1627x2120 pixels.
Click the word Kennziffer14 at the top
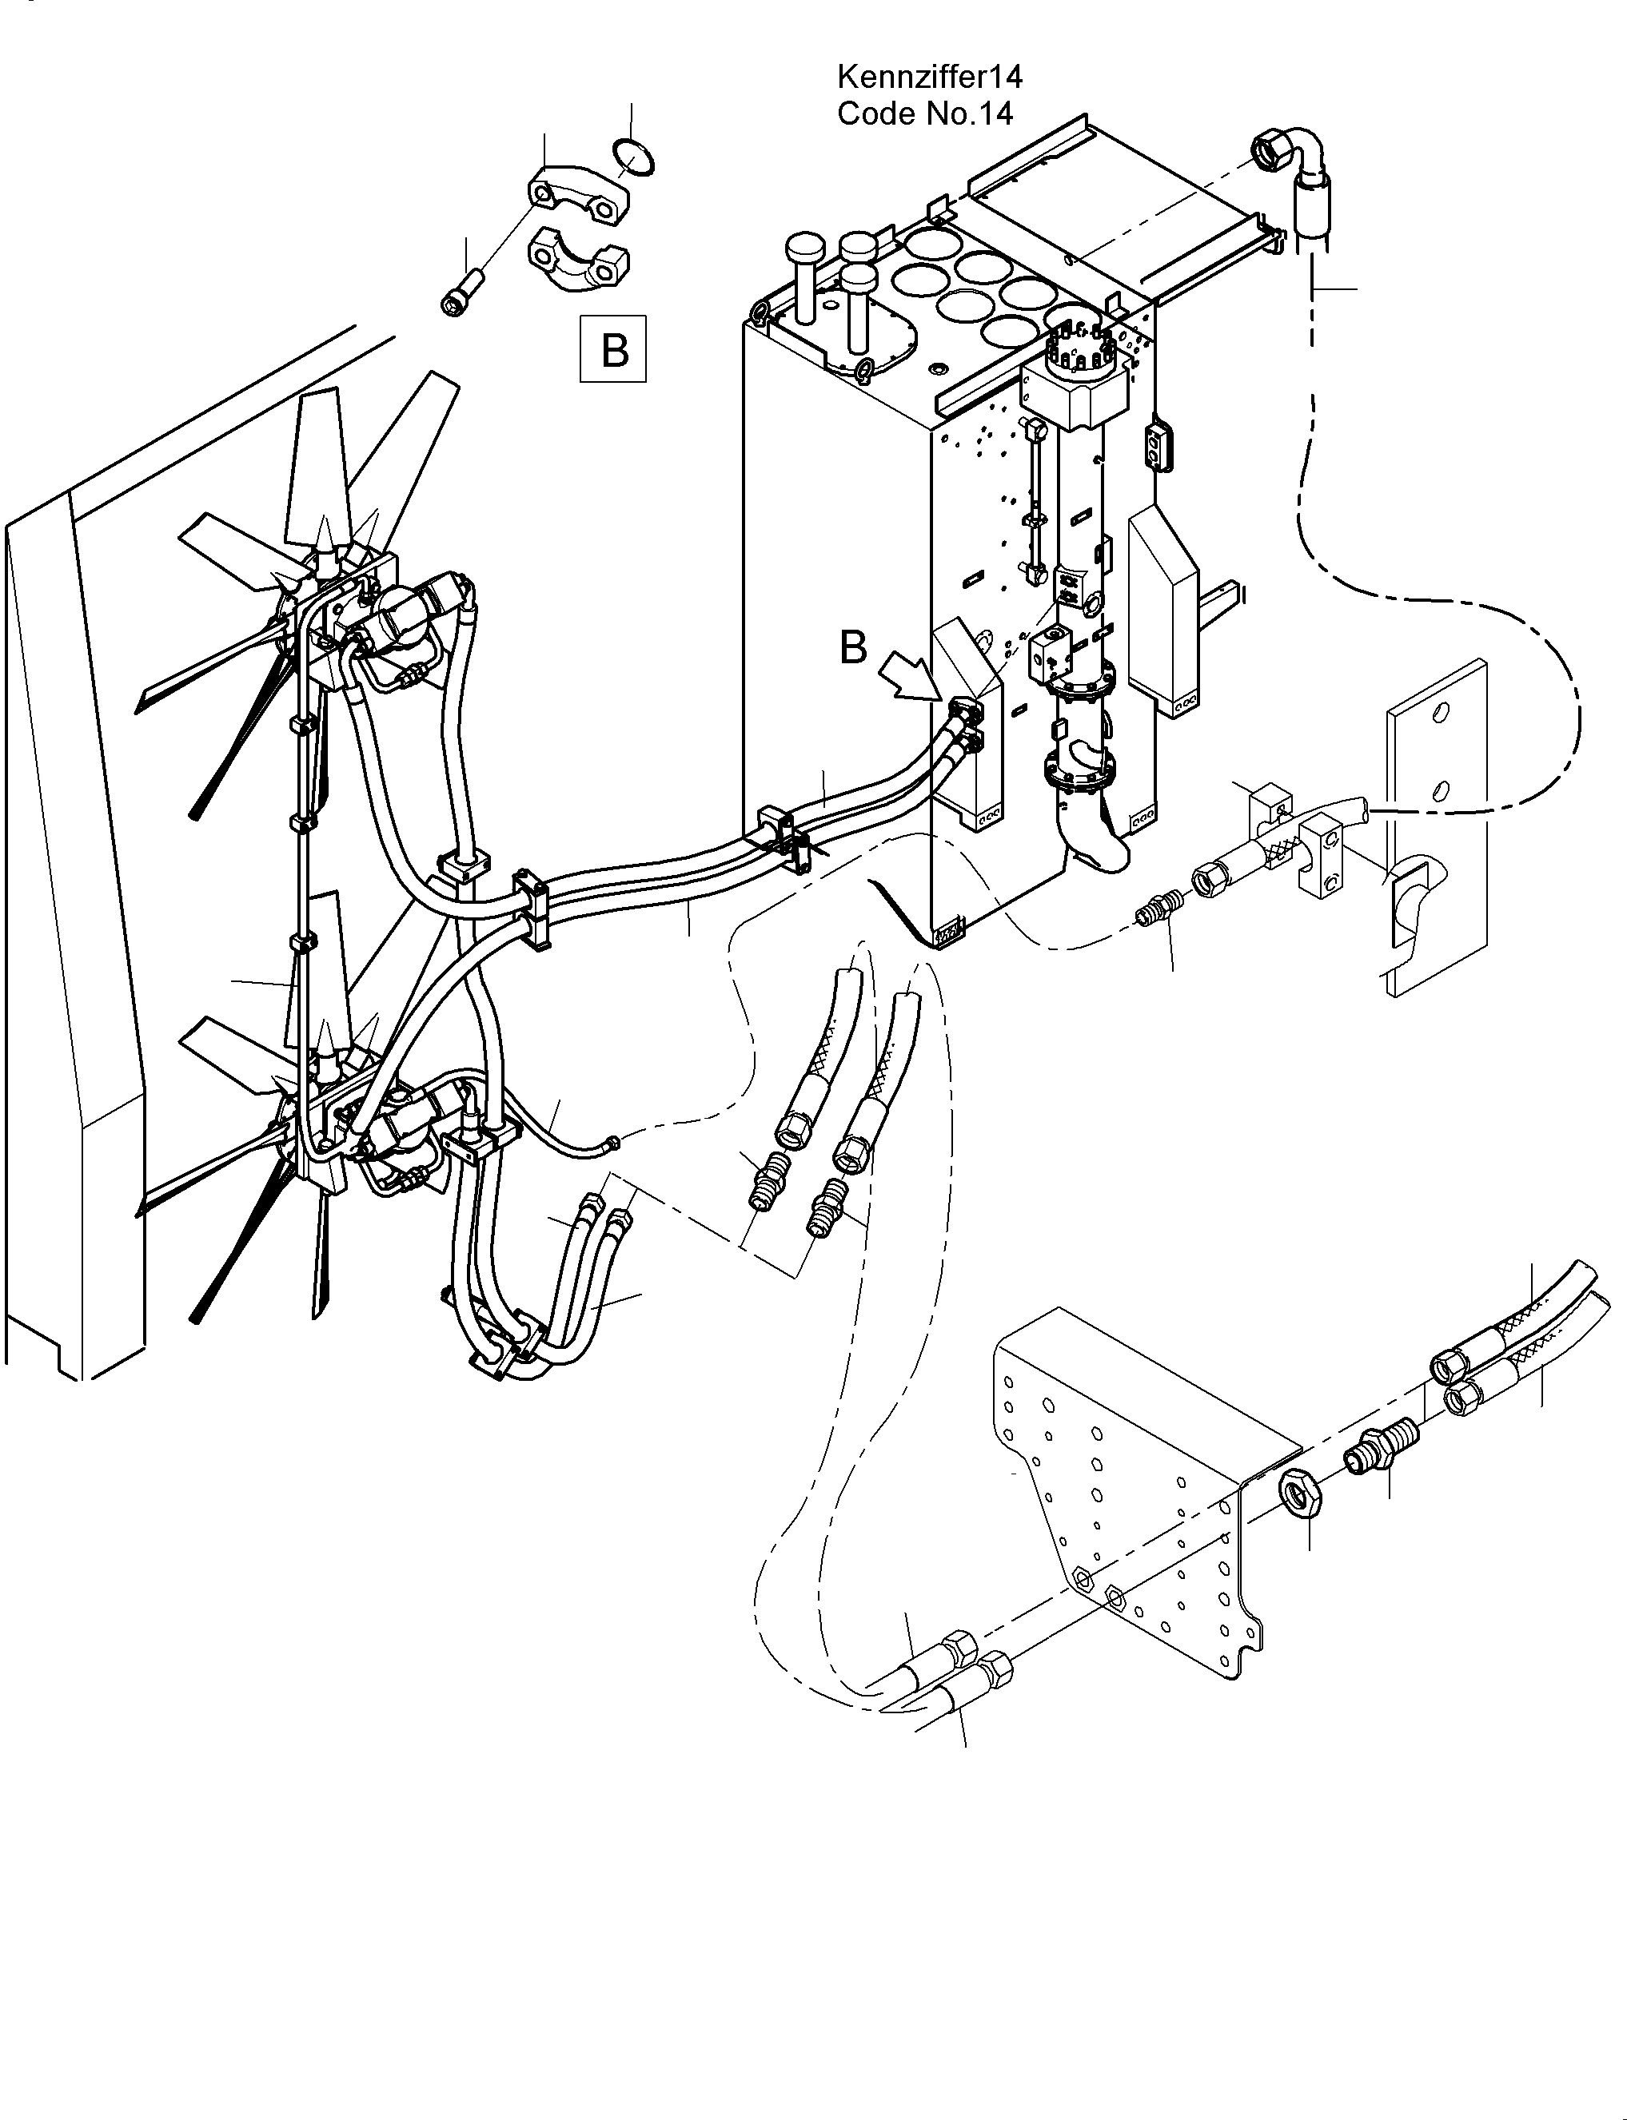(x=930, y=75)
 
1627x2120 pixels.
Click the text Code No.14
(x=925, y=114)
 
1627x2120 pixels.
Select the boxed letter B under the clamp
(x=614, y=349)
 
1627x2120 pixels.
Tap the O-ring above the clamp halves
(x=633, y=157)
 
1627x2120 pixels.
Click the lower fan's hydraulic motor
(x=405, y=1127)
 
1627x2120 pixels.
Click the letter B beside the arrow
(x=852, y=647)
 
